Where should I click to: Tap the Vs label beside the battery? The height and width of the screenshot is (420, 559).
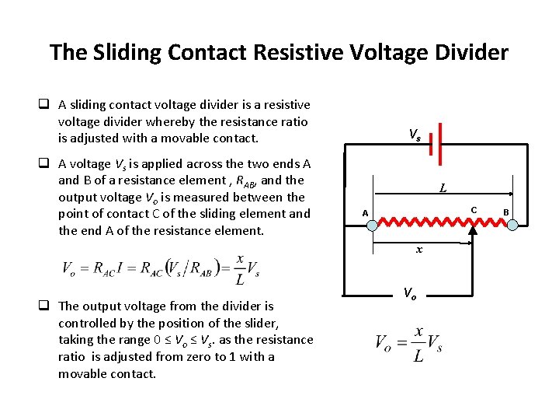[x=415, y=135]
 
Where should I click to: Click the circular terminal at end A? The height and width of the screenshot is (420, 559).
[x=372, y=224]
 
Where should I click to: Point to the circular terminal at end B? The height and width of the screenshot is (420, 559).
[x=512, y=224]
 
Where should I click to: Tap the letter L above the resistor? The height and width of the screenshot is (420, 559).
[x=443, y=187]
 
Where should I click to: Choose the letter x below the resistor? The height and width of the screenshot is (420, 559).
[x=419, y=250]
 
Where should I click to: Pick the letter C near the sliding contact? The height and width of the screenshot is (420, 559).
[x=474, y=209]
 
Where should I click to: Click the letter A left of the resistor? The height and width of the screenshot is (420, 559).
[x=364, y=213]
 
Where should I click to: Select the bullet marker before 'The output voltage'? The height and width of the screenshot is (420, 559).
[x=47, y=306]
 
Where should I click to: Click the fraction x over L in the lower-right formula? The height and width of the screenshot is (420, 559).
[x=419, y=343]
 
